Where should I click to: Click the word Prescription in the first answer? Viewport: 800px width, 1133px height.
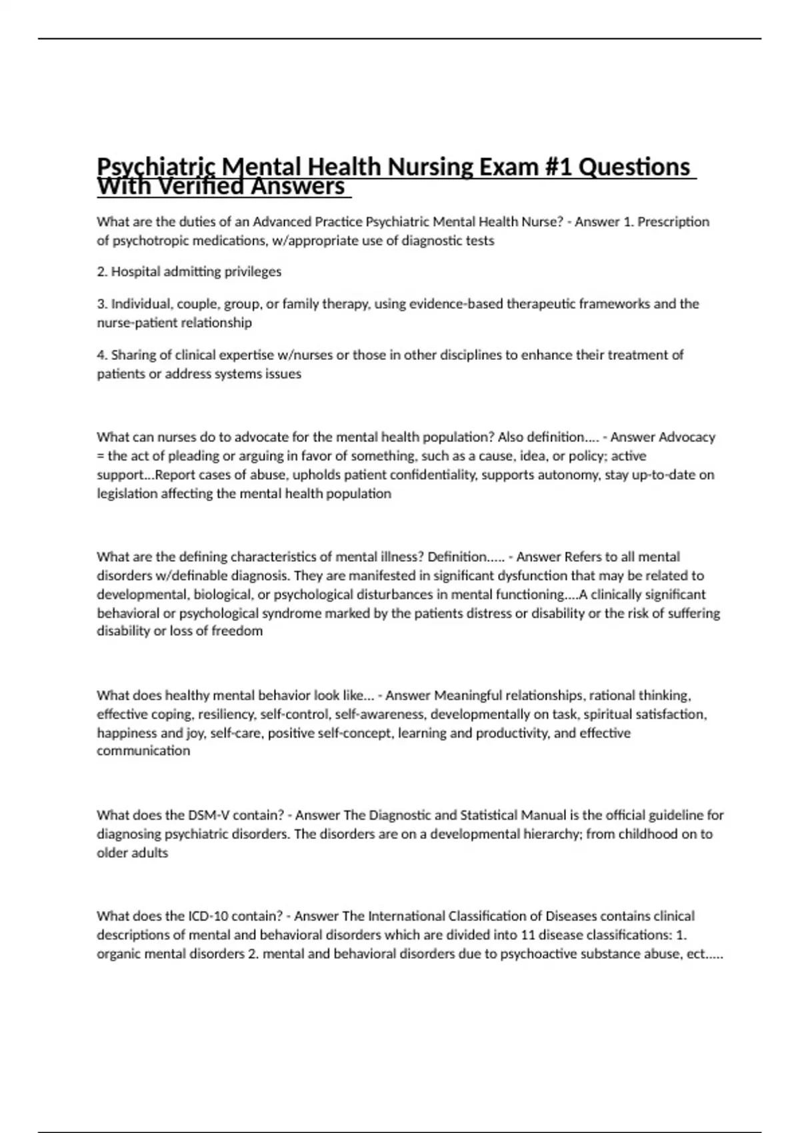673,222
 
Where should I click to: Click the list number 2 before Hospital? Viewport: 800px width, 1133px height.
101,272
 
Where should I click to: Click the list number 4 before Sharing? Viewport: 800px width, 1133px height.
101,355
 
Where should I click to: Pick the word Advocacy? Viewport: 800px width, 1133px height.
687,437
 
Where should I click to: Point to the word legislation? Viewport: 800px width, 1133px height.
127,494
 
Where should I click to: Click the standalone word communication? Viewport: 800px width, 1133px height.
143,751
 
